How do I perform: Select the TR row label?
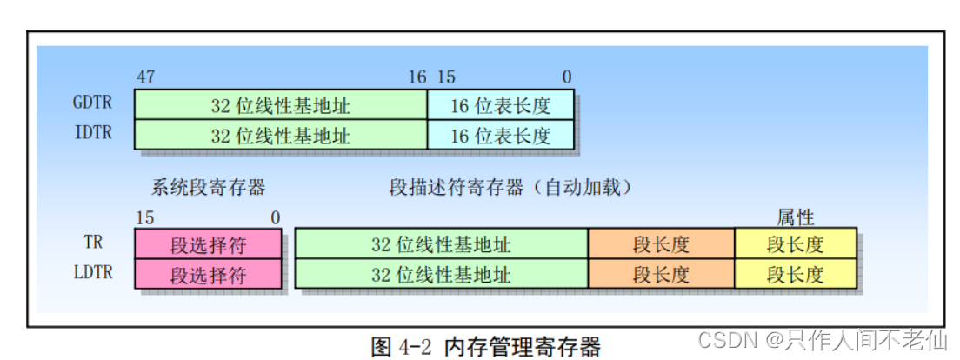[93, 243]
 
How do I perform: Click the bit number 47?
[145, 77]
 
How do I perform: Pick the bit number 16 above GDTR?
[417, 77]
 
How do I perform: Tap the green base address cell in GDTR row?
[280, 105]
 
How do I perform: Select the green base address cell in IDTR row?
[280, 135]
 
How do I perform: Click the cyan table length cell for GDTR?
[500, 105]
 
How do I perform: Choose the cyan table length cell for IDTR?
[500, 135]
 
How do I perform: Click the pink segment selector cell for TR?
[208, 244]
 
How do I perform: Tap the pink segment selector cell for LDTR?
[208, 274]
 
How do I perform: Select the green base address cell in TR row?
[441, 244]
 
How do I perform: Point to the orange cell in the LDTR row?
[661, 274]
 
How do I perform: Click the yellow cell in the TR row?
[795, 244]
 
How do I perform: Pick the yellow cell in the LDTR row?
[795, 274]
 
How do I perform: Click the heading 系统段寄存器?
[208, 186]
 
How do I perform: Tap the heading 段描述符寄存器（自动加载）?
[510, 186]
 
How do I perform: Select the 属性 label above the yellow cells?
[795, 217]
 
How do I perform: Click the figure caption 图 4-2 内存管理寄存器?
[485, 346]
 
